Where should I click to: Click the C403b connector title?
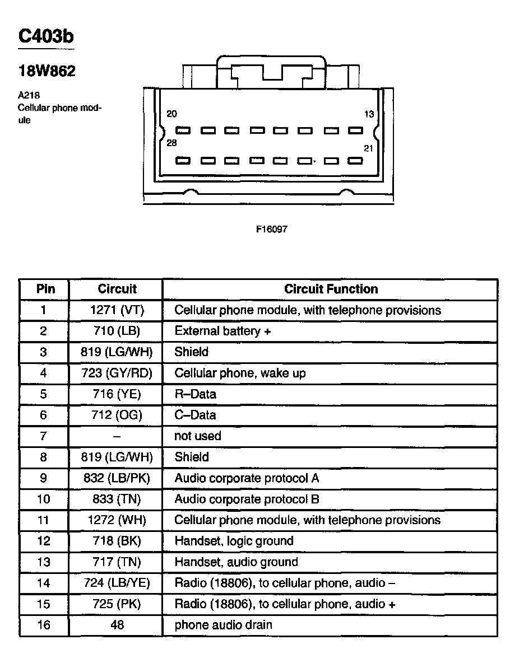46,36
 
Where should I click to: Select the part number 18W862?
47,71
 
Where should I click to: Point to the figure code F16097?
271,229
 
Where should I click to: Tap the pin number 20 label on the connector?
171,114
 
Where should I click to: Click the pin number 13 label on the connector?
369,114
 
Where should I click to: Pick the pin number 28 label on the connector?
171,143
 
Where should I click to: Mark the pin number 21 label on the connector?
368,148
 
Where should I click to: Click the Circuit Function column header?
331,289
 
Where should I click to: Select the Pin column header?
45,289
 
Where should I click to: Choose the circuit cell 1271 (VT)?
117,310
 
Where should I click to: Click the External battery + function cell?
222,331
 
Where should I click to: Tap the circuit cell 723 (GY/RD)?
117,373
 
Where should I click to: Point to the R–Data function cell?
195,394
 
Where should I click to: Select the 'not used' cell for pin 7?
197,436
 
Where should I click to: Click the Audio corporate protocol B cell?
247,499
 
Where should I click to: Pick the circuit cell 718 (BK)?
117,541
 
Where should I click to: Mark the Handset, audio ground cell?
236,562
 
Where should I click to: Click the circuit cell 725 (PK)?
117,604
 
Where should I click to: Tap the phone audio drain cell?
223,625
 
